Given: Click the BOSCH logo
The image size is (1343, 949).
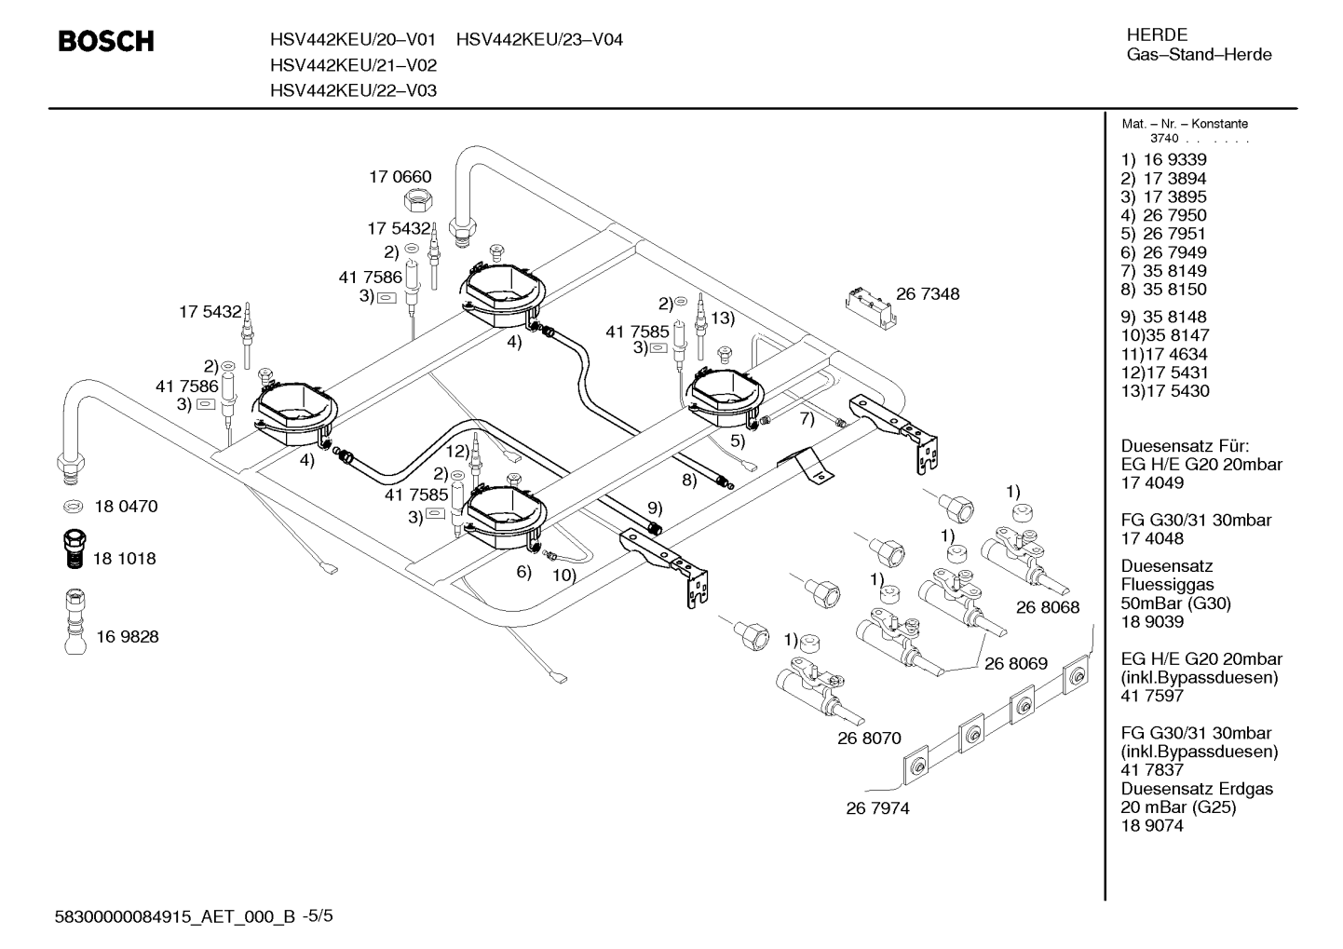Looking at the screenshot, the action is [106, 41].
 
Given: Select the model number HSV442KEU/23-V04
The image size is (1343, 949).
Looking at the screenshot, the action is [539, 39].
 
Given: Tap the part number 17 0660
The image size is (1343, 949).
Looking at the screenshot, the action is [400, 177].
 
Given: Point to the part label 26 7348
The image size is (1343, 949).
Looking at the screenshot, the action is [928, 293].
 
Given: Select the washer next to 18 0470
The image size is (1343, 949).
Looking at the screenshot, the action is [74, 507].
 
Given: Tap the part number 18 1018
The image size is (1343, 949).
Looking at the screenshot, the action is [124, 559].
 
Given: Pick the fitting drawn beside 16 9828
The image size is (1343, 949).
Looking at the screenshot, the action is [75, 621].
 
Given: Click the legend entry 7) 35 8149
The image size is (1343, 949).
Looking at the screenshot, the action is [1164, 271].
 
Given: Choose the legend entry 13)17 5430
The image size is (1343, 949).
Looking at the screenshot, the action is [1165, 391].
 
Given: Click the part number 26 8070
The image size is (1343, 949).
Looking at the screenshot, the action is [869, 738].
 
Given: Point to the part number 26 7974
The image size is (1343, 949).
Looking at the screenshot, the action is [877, 808].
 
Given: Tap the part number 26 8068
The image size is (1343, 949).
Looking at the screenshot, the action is [1048, 607].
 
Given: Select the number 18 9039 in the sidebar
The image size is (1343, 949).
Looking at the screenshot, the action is [1152, 622].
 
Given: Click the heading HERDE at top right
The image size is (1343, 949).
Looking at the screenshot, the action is [1157, 34].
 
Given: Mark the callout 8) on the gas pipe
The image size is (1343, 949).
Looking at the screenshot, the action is [689, 481].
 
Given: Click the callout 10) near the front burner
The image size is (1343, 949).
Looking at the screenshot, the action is [564, 576].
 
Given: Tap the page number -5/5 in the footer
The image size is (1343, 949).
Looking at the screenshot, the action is [318, 916].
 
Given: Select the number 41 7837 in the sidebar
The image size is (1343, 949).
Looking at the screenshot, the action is [1152, 770].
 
